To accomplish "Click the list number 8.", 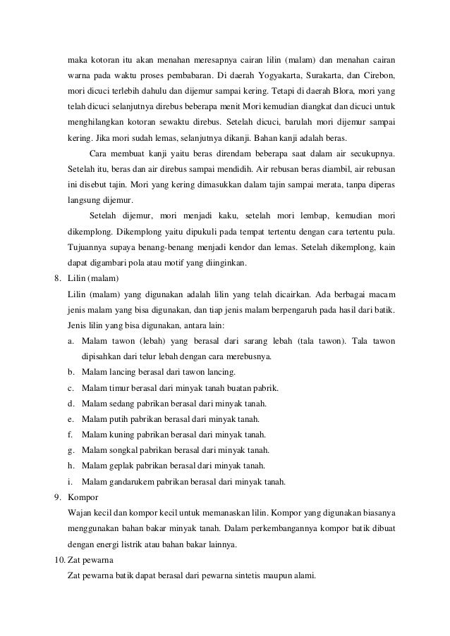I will point(59,278).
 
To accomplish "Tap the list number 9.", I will point(59,497).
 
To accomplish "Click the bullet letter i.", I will point(71,482).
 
